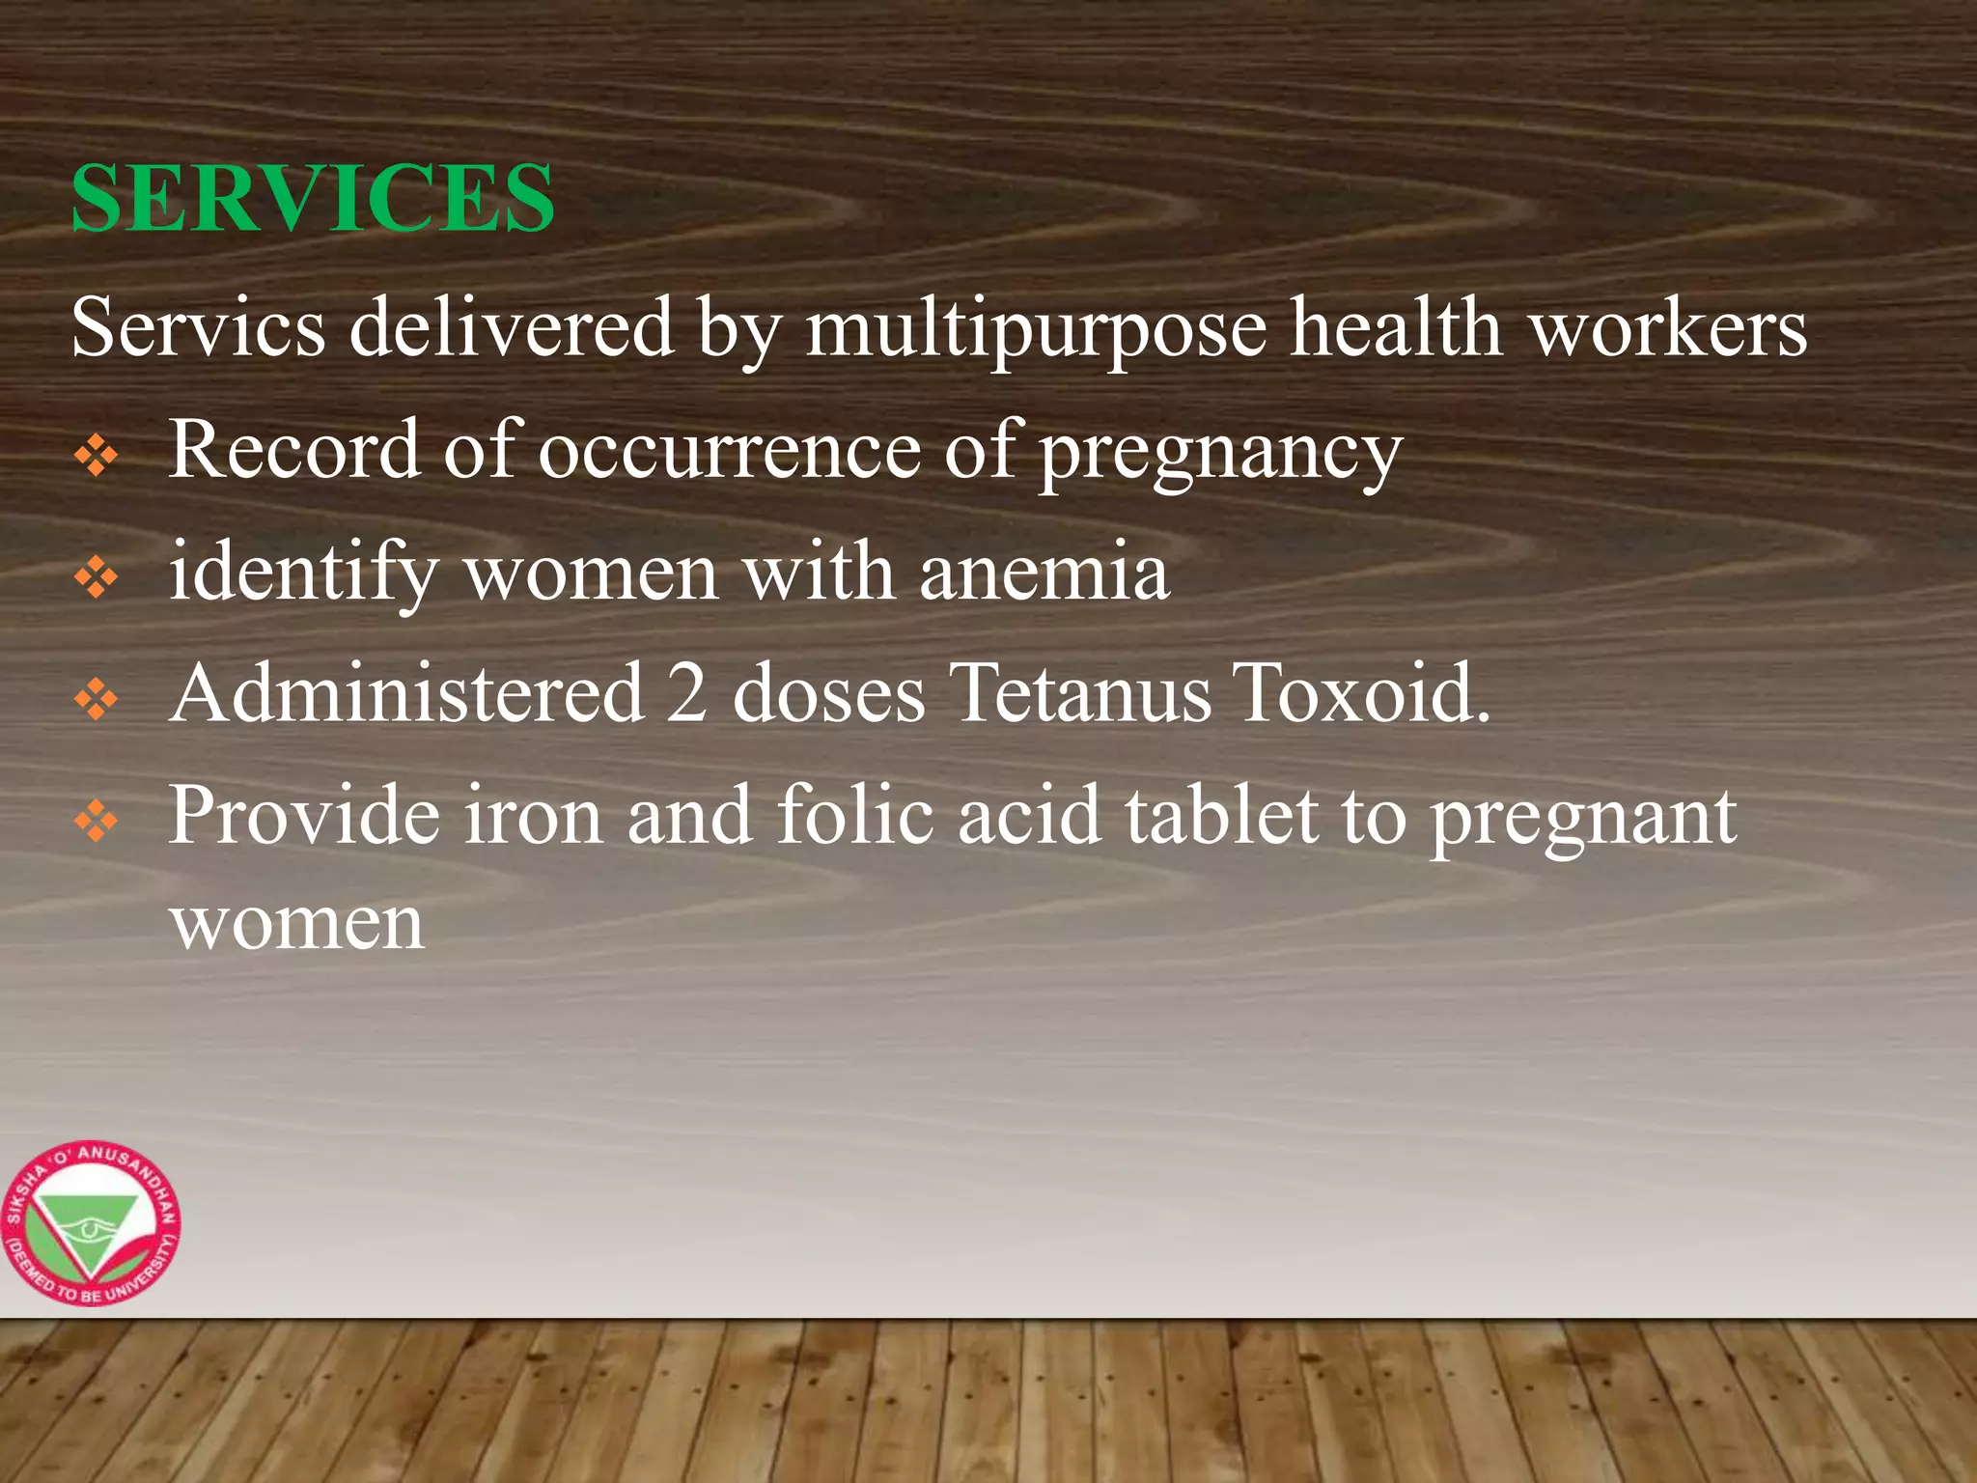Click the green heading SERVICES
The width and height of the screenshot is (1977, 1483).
[x=313, y=198]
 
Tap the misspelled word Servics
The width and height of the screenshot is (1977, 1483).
[x=199, y=328]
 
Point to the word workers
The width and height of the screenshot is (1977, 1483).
[x=1669, y=328]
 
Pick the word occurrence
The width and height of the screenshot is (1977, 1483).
[x=729, y=450]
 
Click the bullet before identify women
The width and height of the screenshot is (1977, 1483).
[x=97, y=578]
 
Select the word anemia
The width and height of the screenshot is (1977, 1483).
[x=1044, y=573]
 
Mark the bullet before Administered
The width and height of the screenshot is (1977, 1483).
[x=97, y=700]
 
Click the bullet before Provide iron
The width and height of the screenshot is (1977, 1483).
[x=97, y=823]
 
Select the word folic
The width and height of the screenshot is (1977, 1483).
[x=855, y=816]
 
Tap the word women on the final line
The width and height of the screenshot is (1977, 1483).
[x=297, y=924]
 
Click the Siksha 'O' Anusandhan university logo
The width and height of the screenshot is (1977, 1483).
[x=91, y=1224]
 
